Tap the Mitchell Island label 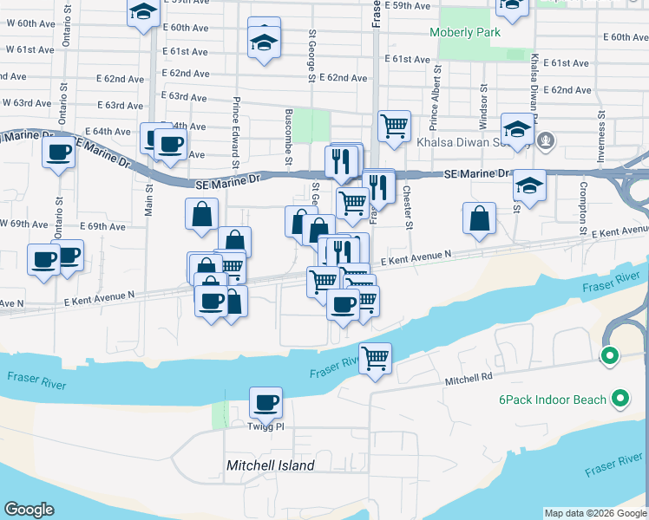(270, 465)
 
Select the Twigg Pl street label (266, 426)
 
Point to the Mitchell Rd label (469, 378)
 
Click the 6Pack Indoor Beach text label (551, 400)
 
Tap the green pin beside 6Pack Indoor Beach (619, 399)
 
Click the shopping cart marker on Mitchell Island (375, 357)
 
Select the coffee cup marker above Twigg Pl (266, 402)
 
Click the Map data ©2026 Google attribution (595, 513)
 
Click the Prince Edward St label (235, 132)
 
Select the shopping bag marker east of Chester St (479, 219)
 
